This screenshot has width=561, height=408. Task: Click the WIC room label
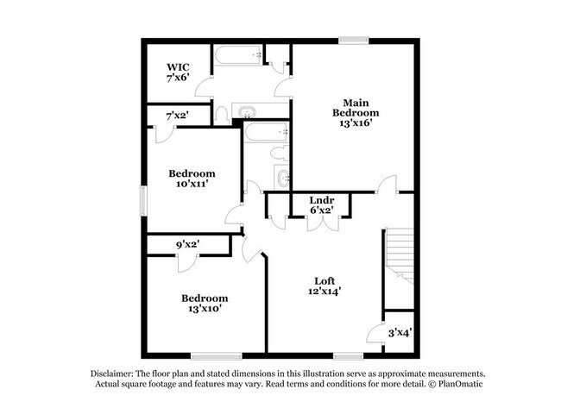(179, 66)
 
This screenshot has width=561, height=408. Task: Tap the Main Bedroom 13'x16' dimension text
(356, 123)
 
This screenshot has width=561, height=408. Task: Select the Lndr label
(322, 199)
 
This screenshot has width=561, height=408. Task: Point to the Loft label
(324, 280)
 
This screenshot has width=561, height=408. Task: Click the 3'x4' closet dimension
(399, 332)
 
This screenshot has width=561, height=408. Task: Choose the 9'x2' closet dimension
(188, 245)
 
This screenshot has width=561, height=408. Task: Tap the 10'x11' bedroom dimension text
(191, 183)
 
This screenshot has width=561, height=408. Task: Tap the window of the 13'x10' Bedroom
(211, 355)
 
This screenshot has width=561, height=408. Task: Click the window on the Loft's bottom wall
(347, 355)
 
